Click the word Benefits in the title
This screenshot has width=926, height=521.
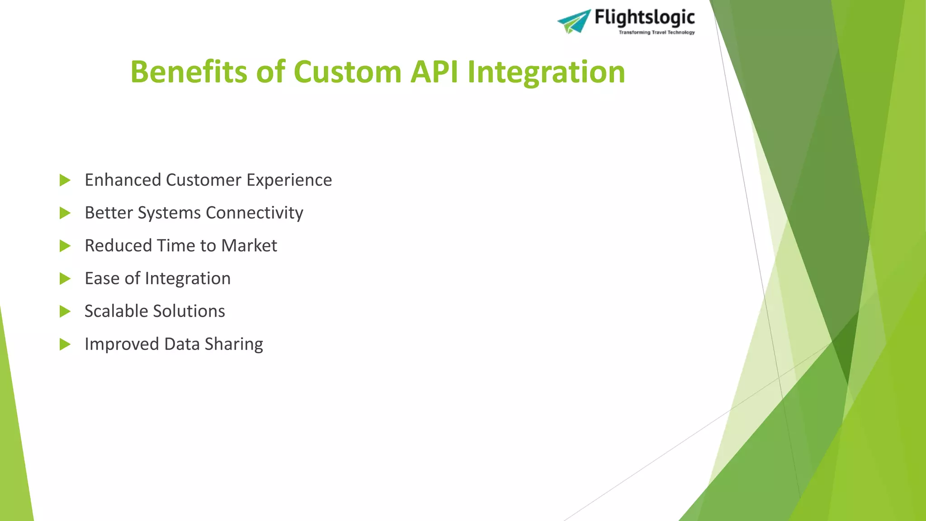pyautogui.click(x=189, y=72)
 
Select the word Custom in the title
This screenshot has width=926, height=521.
pyautogui.click(x=347, y=72)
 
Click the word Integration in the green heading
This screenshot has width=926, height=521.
pyautogui.click(x=546, y=72)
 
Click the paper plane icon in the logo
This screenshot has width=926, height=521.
pyautogui.click(x=574, y=21)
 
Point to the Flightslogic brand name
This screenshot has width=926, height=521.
pyautogui.click(x=644, y=18)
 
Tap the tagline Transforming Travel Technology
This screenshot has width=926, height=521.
pyautogui.click(x=656, y=33)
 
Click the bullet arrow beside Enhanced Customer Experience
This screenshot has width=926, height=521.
pyautogui.click(x=65, y=180)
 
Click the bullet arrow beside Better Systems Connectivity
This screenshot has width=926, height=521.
pyautogui.click(x=65, y=213)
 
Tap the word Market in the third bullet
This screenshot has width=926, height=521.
pyautogui.click(x=249, y=246)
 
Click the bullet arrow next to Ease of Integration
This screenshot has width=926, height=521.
pyautogui.click(x=65, y=279)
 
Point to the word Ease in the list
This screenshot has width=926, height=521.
pyautogui.click(x=102, y=279)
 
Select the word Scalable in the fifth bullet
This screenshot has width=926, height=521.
pyautogui.click(x=116, y=311)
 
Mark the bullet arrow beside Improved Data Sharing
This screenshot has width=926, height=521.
pyautogui.click(x=65, y=345)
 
